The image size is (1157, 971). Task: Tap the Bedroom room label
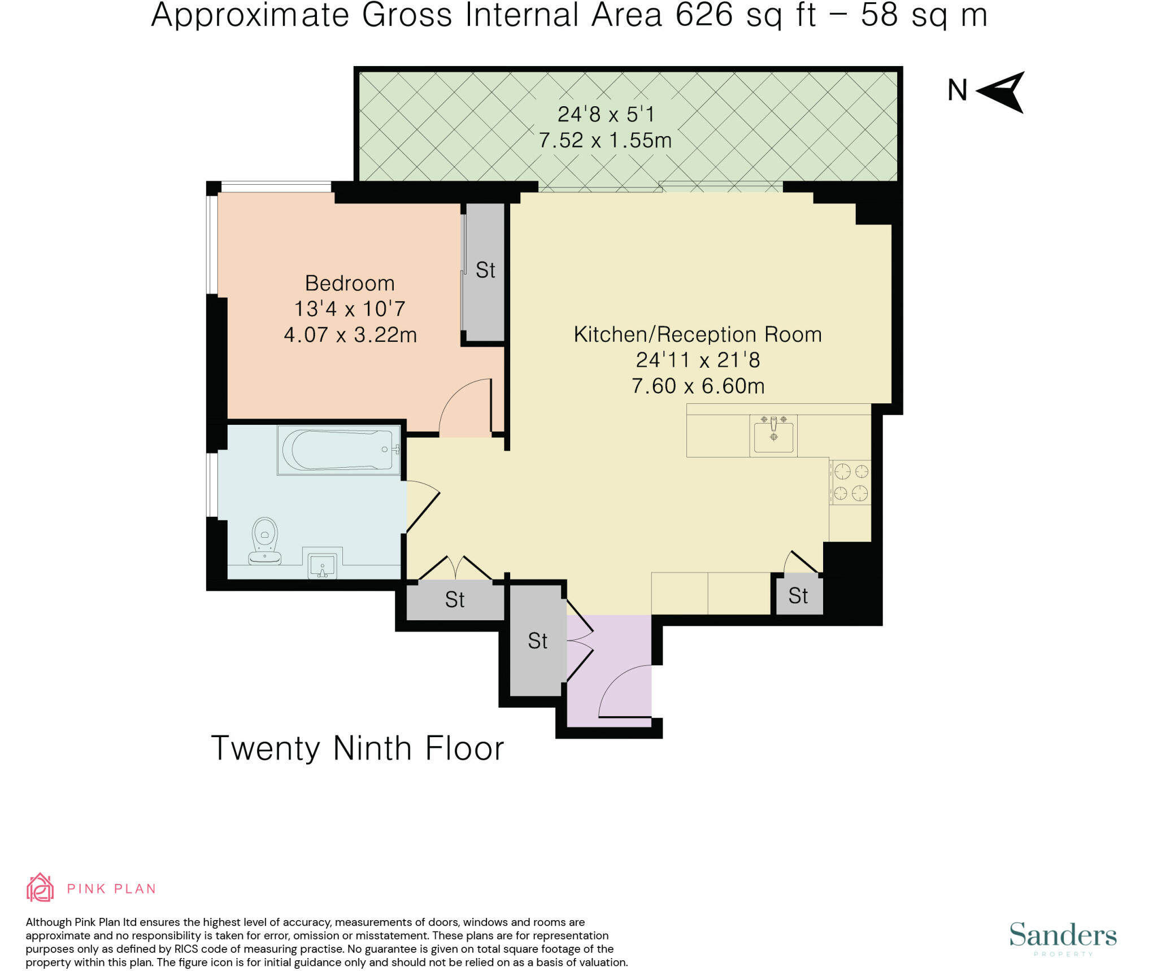coord(350,283)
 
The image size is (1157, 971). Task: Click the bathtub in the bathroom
coord(339,450)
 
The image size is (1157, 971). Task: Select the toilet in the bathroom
coord(265,541)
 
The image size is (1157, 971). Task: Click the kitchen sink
coord(773,436)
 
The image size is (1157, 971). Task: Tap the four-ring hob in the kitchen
coord(850,482)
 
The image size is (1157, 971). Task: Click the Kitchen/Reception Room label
coord(698,334)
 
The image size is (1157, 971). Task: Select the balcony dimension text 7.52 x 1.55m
coord(605,140)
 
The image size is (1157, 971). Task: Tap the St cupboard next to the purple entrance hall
coord(538,641)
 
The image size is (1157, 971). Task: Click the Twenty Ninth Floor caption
coord(358,748)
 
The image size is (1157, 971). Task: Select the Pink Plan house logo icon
coord(40,887)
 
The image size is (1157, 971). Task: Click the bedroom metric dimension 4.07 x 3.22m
coord(350,334)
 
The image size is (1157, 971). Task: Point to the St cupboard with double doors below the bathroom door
coord(455,599)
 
